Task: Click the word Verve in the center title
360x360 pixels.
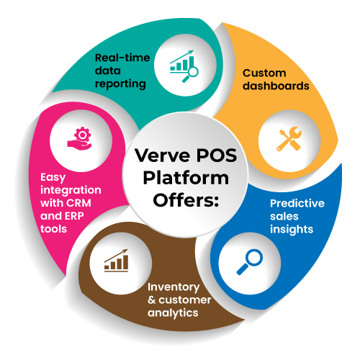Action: coord(162,156)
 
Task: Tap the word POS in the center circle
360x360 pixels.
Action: coord(217,156)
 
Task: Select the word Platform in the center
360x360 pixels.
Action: coord(186,179)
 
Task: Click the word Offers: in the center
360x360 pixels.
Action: coord(186,200)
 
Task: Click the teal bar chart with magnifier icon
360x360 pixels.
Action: coord(184,66)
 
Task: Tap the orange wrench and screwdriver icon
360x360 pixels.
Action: coord(289,139)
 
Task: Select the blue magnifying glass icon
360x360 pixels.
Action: coord(250,262)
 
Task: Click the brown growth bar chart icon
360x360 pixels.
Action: coord(116,261)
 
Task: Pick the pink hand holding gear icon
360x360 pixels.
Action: coord(79,138)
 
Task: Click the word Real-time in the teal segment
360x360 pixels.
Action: coord(122,58)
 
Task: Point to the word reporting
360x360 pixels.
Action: coord(120,84)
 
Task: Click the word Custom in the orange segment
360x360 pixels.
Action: coord(264,73)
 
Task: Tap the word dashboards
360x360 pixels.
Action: coord(276,86)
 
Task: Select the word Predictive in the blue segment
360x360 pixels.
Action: coord(297,203)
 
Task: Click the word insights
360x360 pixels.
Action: coord(292,230)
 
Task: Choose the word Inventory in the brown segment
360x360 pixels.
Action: coord(174,287)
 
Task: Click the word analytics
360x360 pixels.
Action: coord(173,313)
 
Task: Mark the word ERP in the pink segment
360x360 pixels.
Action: coord(74,216)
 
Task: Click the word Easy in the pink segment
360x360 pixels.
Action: coord(53,178)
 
